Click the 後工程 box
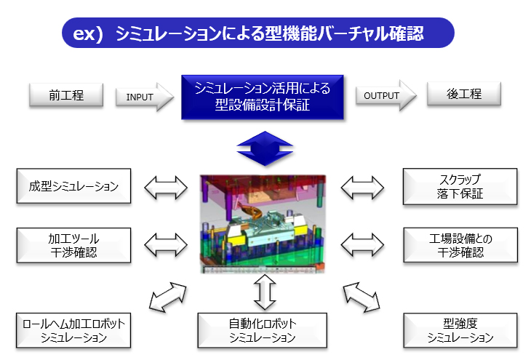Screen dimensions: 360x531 (x=464, y=95)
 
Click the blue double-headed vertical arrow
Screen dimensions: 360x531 (x=262, y=148)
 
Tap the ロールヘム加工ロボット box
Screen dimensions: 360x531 (x=73, y=329)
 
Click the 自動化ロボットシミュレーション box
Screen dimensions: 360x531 (x=262, y=329)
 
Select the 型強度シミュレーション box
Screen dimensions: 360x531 (x=460, y=329)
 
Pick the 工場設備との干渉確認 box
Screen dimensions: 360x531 (x=460, y=245)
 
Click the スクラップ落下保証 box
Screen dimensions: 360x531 (x=460, y=186)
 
